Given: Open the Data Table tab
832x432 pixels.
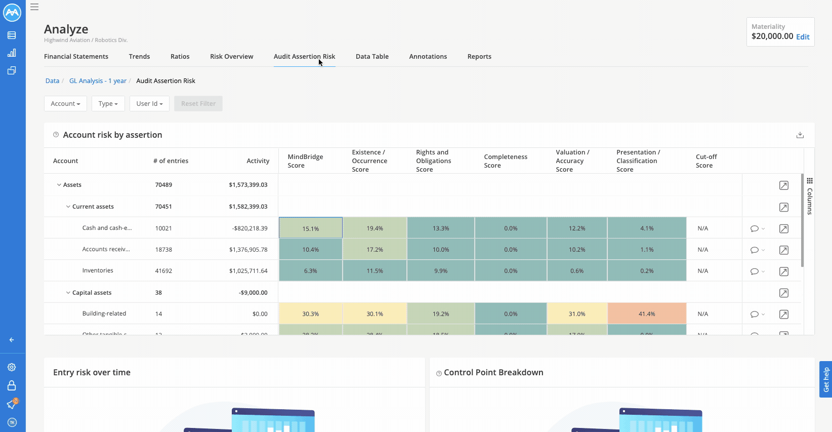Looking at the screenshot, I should point(372,57).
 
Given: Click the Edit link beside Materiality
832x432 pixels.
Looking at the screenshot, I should point(803,37).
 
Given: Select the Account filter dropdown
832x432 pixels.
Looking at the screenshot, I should point(65,104).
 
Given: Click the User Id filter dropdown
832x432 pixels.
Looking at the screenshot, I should point(149,104).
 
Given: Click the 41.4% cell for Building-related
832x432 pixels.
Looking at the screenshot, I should point(647,314).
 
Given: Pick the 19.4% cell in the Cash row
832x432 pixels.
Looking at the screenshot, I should point(375,228).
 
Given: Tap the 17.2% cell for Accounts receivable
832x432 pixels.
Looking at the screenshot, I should point(375,250).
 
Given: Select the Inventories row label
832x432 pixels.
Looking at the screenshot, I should point(98,271).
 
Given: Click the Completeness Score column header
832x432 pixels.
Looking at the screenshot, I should point(505,161).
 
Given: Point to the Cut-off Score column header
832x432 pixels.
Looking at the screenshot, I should point(706,161).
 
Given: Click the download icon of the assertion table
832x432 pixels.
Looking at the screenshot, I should point(800,135).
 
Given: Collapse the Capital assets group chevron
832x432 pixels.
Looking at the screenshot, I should point(68,293).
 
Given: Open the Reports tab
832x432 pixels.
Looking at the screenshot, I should point(479,57).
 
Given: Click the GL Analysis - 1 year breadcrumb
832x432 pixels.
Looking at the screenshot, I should point(98,81).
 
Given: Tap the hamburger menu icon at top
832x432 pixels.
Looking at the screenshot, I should point(34,7).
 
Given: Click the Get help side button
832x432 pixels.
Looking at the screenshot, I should point(826,379).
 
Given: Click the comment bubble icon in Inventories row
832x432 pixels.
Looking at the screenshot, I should point(755,271).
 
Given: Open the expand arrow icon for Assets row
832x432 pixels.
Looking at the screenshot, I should point(784,185).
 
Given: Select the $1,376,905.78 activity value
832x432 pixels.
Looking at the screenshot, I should point(248,250).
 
